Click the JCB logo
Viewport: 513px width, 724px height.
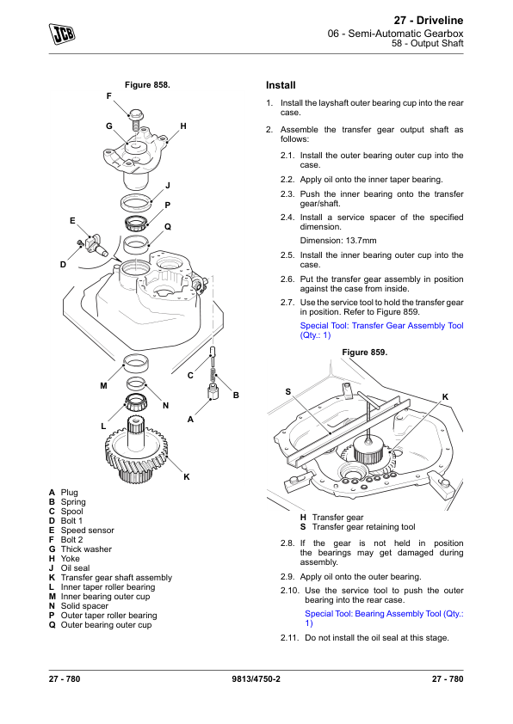[x=62, y=34]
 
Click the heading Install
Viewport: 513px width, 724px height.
[x=281, y=85]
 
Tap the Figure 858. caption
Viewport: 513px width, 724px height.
[x=147, y=85]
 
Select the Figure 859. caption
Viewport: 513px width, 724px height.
[x=365, y=353]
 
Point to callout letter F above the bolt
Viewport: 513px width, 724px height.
[x=109, y=96]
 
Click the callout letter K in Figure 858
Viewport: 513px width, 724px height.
[x=187, y=477]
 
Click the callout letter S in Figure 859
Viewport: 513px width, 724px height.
[x=288, y=392]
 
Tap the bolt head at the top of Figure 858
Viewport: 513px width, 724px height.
[x=136, y=114]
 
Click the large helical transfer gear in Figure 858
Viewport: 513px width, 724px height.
[x=136, y=454]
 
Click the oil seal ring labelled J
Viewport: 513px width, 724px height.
[x=137, y=202]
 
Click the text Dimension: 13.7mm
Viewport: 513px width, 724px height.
[x=338, y=241]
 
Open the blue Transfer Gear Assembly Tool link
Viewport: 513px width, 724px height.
[x=382, y=330]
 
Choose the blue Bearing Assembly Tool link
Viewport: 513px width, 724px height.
[x=384, y=618]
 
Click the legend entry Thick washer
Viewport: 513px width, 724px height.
[x=86, y=549]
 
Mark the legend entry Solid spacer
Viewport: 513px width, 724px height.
[x=84, y=606]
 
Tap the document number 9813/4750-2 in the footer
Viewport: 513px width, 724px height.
[x=256, y=678]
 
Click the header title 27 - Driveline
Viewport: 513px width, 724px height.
[x=429, y=21]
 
